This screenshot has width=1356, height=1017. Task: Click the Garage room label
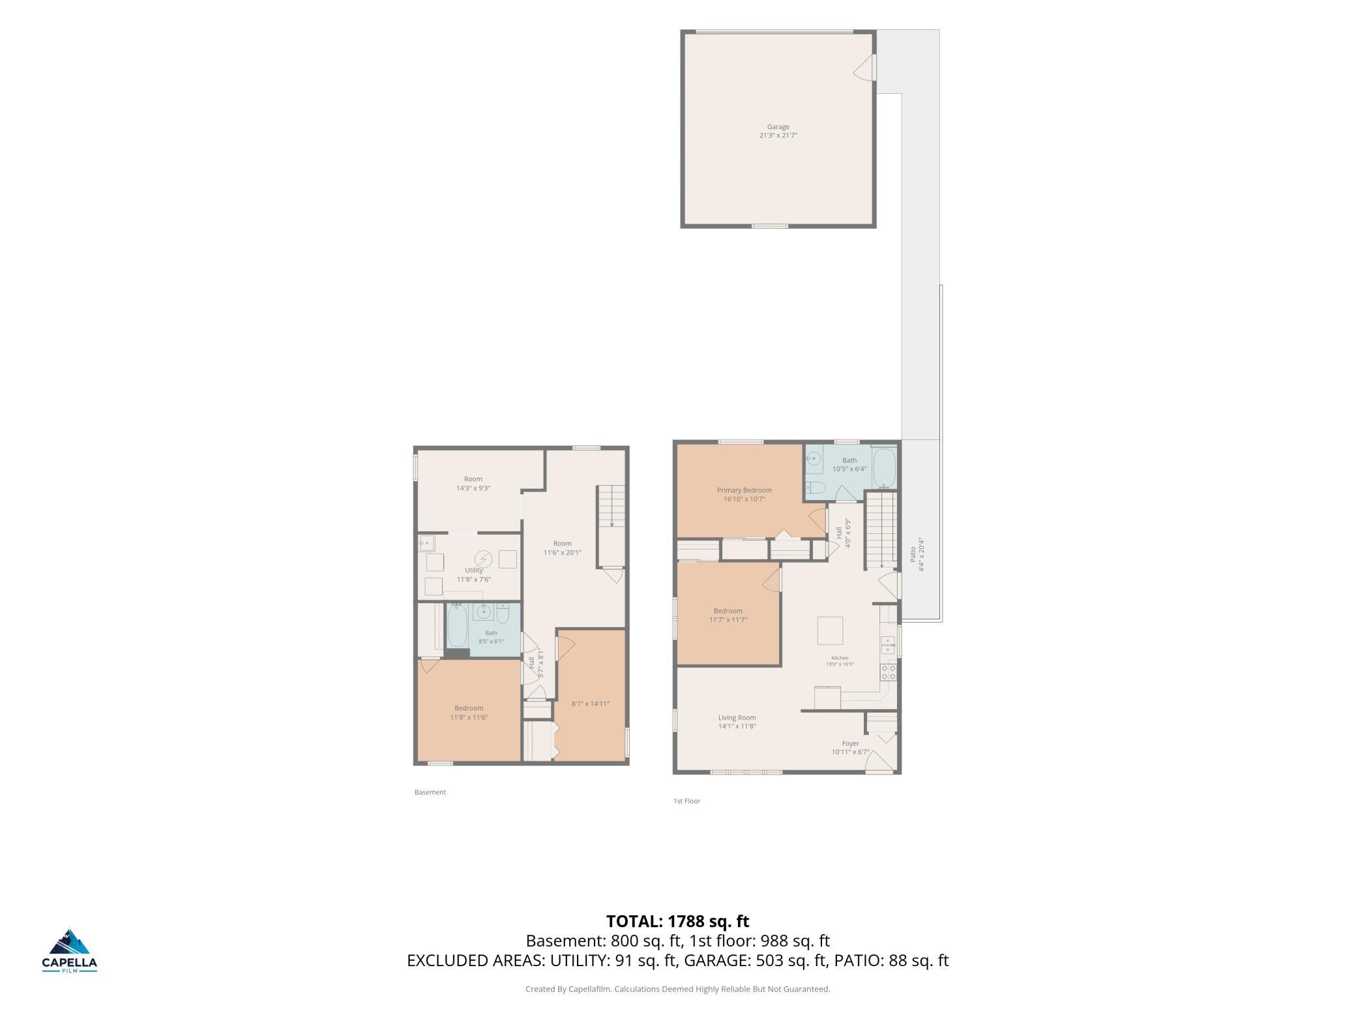(778, 127)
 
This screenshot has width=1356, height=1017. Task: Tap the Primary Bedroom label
(744, 490)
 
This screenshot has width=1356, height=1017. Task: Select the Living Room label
(737, 718)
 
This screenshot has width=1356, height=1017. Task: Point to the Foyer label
(850, 743)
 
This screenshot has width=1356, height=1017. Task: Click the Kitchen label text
(840, 658)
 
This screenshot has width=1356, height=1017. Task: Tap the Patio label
(913, 554)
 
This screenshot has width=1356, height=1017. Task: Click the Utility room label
(474, 570)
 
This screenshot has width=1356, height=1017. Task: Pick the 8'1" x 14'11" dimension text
(590, 703)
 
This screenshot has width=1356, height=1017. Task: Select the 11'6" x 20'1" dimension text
(562, 552)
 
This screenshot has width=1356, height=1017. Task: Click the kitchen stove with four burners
(888, 672)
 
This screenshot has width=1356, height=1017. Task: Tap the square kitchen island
(830, 630)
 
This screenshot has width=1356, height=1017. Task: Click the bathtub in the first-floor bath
(884, 468)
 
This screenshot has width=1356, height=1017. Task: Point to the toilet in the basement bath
(503, 614)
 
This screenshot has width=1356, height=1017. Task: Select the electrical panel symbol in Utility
(483, 559)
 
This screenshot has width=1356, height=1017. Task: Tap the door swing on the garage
(863, 67)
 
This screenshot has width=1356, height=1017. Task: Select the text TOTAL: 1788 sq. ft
(677, 921)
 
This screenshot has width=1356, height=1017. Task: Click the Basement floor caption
(430, 792)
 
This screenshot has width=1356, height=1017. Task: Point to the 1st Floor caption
(686, 801)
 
